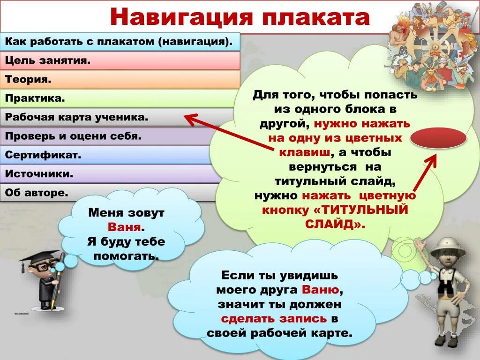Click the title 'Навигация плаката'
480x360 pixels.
coord(240,17)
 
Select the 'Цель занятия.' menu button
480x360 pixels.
coord(120,60)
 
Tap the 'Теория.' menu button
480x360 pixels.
coord(120,79)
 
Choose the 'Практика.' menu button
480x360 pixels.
coord(120,98)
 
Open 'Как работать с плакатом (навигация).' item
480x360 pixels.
coord(120,41)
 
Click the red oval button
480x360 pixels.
coord(438,138)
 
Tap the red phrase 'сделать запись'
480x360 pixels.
coord(274,319)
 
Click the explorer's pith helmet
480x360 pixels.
coord(447,247)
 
